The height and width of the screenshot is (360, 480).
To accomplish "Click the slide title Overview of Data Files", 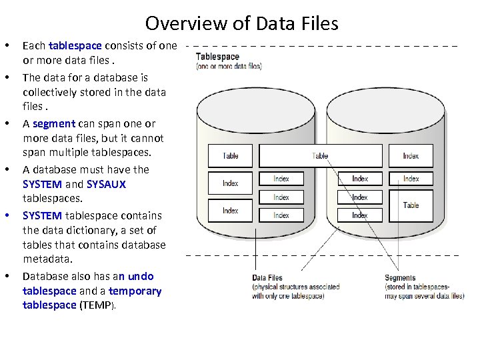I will click(x=241, y=24).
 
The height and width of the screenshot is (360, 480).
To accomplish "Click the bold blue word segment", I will click(x=53, y=123).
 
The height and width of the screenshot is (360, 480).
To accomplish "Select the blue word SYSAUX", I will click(x=106, y=184).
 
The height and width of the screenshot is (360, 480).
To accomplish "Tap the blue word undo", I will click(x=140, y=276).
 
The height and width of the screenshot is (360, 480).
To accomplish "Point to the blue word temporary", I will click(x=135, y=291).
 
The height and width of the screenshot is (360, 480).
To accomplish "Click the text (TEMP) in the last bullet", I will click(x=97, y=305).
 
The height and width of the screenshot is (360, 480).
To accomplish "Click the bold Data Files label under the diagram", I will click(x=267, y=278).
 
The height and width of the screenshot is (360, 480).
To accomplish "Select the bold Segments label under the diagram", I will click(x=400, y=278).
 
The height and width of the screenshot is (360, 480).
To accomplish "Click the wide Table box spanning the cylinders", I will click(x=321, y=156).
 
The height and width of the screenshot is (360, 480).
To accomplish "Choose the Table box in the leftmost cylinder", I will click(x=231, y=156).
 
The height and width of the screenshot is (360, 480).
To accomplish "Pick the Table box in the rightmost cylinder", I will click(x=411, y=205).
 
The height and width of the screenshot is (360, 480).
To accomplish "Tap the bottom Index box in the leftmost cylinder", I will click(x=231, y=211).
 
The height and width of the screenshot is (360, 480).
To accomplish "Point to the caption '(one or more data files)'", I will click(x=229, y=67).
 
